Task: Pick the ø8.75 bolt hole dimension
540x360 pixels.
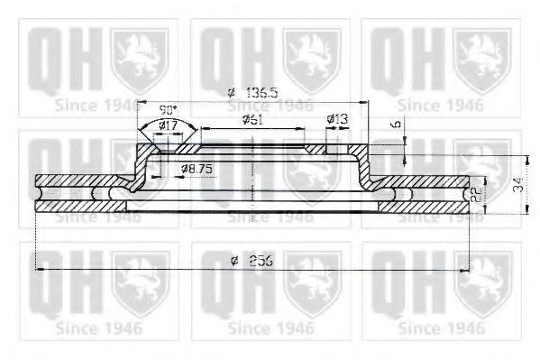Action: click(196, 169)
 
